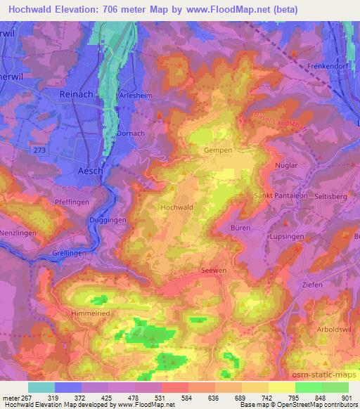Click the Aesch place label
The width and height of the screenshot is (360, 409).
click(91, 171)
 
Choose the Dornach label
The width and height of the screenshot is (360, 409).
click(131, 133)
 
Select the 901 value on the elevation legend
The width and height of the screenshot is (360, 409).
click(347, 397)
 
